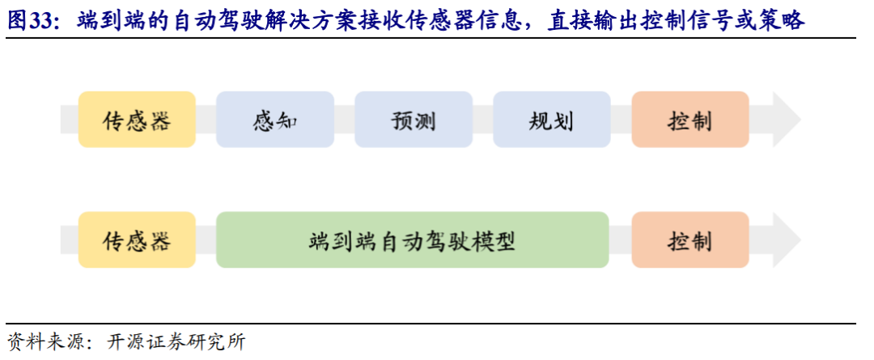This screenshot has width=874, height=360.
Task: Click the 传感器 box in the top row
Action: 137,120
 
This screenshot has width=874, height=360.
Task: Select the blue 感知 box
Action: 275,120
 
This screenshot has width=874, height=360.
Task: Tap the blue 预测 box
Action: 414,120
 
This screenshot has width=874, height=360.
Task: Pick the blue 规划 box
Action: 551,120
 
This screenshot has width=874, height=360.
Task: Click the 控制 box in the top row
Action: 689,120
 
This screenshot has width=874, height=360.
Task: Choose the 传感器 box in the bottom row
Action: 137,240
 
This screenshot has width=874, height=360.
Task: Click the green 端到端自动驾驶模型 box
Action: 412,240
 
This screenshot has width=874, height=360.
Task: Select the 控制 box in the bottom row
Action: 689,240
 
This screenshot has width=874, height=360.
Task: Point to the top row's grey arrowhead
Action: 783,120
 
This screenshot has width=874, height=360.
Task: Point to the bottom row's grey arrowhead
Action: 783,240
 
